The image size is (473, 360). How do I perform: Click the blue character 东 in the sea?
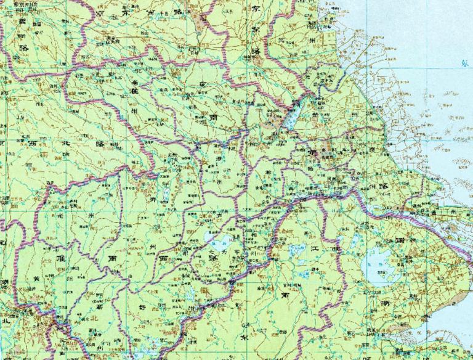[x=464, y=62]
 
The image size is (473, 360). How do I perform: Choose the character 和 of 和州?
[x=254, y=235]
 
